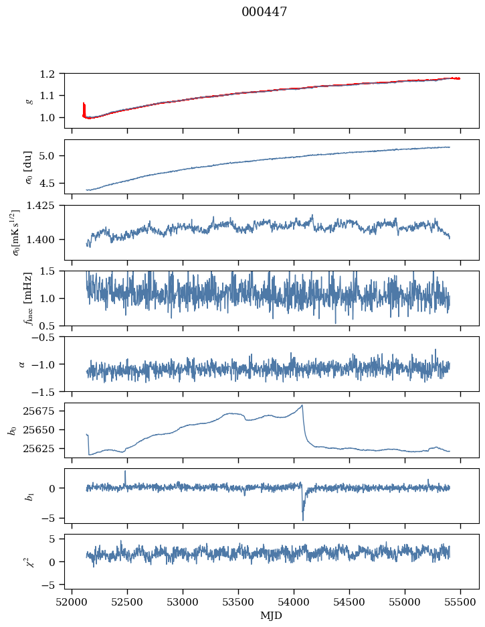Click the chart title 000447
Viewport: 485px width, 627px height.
[264, 12]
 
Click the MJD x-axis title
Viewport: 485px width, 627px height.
[271, 616]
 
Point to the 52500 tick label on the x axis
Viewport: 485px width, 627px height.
[127, 602]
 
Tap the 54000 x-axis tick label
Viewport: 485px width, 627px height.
[294, 602]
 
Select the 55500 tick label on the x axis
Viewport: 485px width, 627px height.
[460, 602]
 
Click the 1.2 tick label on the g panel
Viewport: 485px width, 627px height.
[47, 74]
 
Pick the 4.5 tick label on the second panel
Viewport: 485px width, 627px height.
[47, 183]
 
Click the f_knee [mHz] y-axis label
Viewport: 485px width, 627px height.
[28, 298]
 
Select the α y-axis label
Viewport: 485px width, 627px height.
[21, 364]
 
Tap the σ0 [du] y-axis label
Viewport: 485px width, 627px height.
[28, 167]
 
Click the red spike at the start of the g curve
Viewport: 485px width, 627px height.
[84, 109]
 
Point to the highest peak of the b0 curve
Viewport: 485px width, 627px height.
[302, 405]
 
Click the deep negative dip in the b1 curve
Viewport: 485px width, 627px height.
[302, 520]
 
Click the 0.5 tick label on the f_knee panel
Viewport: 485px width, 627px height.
[47, 326]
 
